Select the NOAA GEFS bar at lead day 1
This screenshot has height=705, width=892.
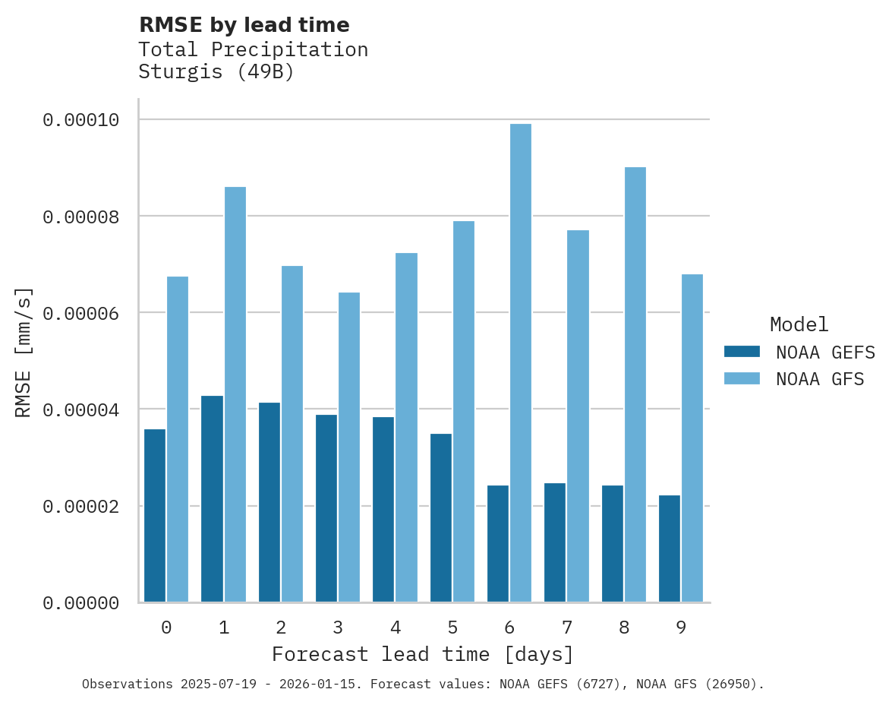212,498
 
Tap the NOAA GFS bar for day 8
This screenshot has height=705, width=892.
635,384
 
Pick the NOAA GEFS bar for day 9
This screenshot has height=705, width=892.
670,549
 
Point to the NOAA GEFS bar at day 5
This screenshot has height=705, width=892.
441,517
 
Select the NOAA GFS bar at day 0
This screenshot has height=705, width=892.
178,439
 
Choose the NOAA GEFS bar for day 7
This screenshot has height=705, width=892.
555,542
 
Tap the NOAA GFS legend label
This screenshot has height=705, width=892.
820,379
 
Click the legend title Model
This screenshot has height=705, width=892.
799,324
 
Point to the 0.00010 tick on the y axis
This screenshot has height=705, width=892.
80,120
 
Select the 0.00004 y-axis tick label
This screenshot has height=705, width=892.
80,410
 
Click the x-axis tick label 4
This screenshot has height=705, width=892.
396,628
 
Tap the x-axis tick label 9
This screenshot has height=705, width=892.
681,628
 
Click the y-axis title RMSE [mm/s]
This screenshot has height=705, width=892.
24,352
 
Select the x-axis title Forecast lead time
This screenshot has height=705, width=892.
423,654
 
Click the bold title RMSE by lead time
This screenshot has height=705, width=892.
244,25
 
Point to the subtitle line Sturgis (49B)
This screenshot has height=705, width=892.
216,73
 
